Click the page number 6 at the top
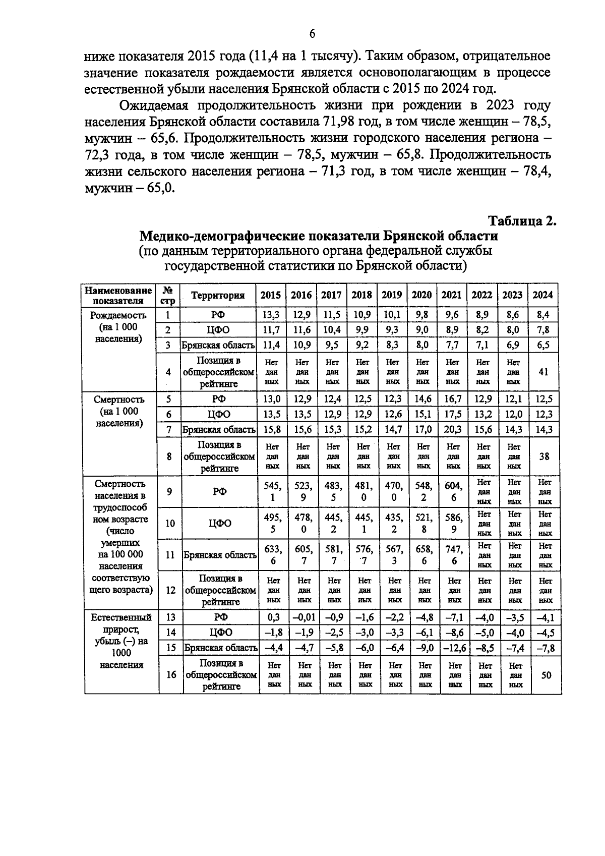[312, 34]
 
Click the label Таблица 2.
[522, 221]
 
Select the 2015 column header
[271, 295]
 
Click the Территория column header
[218, 296]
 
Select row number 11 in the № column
[170, 555]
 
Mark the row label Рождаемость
[118, 315]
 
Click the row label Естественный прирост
[121, 623]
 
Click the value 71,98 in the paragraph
[337, 122]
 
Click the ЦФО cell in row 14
[220, 633]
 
